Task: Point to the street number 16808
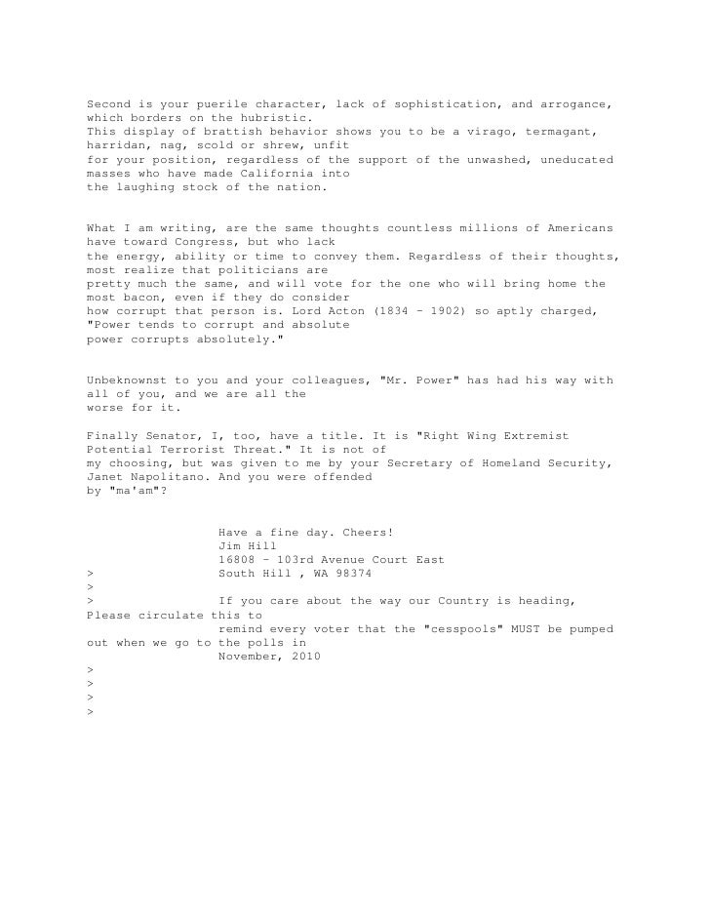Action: (x=237, y=560)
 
